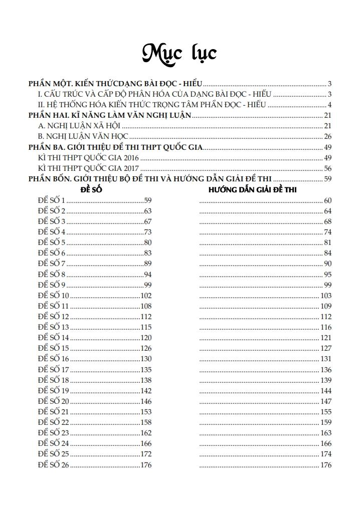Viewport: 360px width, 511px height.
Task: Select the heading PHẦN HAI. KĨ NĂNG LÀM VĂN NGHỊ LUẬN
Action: click(x=110, y=115)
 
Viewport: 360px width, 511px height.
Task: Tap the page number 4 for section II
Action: click(x=329, y=105)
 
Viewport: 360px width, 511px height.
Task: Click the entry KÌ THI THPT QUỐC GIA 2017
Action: click(x=88, y=168)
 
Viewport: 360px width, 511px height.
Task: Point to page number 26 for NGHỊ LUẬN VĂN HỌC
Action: click(x=327, y=136)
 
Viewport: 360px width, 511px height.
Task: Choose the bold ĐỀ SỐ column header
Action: click(x=91, y=190)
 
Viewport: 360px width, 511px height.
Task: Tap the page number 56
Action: click(x=327, y=168)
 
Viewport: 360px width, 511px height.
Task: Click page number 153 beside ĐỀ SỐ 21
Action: click(x=145, y=412)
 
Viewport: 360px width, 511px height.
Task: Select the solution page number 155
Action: click(x=325, y=412)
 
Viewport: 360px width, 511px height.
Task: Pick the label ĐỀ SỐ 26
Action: click(x=53, y=465)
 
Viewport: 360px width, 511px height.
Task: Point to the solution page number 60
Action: click(x=327, y=200)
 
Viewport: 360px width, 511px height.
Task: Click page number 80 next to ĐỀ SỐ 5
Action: click(x=147, y=243)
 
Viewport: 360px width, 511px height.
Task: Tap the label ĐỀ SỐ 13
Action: click(x=53, y=327)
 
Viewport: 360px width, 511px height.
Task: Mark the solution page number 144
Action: click(x=325, y=391)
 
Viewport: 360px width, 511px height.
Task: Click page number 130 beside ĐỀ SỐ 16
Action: click(x=145, y=359)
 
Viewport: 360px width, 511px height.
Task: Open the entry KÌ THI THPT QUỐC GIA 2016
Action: click(x=88, y=158)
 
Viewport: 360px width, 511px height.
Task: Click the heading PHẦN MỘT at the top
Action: click(x=115, y=84)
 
